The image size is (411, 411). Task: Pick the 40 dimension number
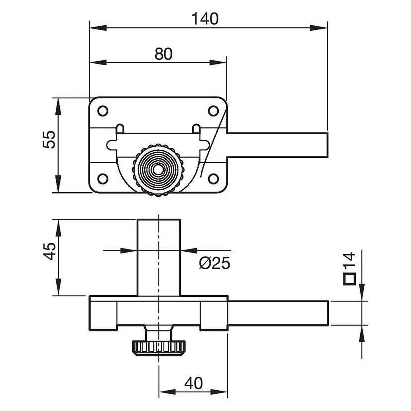(x=193, y=383)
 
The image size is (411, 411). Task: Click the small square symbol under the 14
(x=350, y=279)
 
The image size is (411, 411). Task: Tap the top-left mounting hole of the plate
(x=103, y=111)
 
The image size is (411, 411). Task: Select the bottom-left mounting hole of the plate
(x=103, y=178)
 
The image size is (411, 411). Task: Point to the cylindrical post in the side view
(x=159, y=256)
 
